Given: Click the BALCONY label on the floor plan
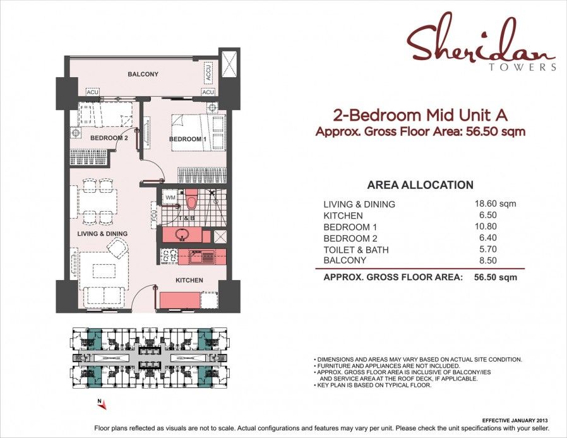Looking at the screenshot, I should tap(143, 75).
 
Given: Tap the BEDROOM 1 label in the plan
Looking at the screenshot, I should tap(188, 139).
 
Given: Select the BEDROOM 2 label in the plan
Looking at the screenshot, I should tap(109, 138).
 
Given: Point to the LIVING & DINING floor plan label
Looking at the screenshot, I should tap(102, 234).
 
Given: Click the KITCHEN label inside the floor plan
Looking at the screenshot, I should tap(189, 280).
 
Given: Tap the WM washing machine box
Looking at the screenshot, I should tap(169, 198).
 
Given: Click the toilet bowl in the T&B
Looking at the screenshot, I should tap(191, 201).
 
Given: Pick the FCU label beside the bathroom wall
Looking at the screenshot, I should tap(153, 217).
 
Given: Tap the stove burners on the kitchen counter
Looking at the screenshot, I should tap(169, 256).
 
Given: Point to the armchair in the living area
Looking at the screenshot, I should tap(118, 251).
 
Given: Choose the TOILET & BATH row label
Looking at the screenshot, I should tap(355, 250).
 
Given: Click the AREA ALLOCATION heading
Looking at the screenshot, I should tap(420, 185).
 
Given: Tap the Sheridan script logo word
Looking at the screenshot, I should tap(480, 44).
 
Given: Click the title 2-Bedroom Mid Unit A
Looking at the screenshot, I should tap(420, 115).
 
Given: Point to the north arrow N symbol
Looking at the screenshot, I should tap(98, 401).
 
